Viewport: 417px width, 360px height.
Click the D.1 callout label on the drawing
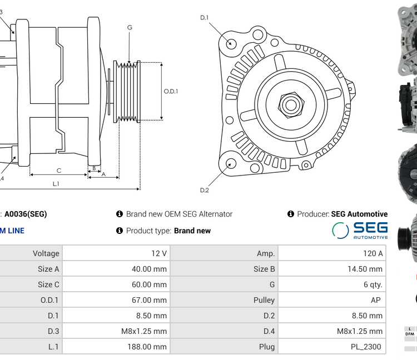tap(204, 18)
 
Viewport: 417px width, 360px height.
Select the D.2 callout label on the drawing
tap(204, 190)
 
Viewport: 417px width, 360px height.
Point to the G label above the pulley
tap(129, 27)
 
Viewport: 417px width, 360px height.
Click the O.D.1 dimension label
tap(171, 91)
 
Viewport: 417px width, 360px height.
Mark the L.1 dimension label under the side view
tap(56, 183)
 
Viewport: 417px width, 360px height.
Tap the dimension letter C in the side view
tap(58, 171)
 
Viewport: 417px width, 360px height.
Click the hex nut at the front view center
tap(290, 104)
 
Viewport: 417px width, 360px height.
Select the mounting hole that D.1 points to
tap(232, 43)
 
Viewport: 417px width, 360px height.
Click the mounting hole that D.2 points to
tap(231, 163)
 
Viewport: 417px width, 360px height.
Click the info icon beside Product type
tap(119, 231)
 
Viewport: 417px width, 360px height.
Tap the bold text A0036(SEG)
tap(26, 214)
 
